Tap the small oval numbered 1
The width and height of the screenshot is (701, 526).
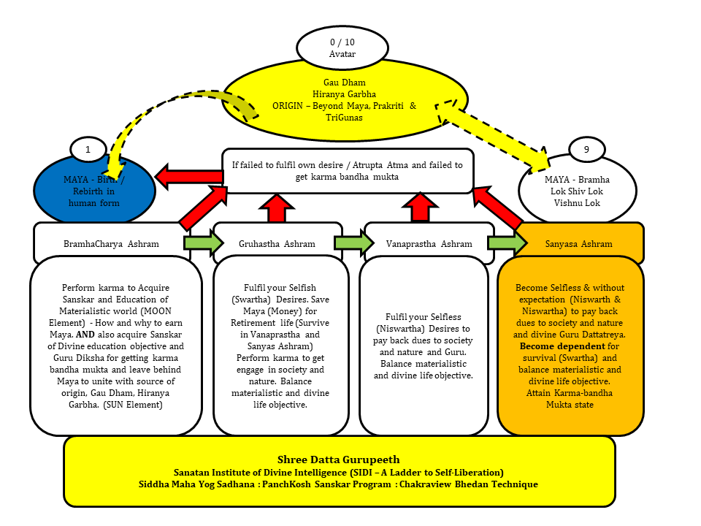point(88,149)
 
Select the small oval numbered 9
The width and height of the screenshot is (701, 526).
point(586,149)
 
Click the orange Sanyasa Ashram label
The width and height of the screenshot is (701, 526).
point(579,244)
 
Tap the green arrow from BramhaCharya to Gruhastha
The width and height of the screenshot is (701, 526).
point(203,243)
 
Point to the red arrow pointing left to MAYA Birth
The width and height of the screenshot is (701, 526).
point(188,175)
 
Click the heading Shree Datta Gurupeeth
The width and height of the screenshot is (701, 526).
point(339,460)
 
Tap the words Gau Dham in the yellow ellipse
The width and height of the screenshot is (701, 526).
point(345,83)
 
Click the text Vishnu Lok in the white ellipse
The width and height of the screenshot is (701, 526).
point(577,203)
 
